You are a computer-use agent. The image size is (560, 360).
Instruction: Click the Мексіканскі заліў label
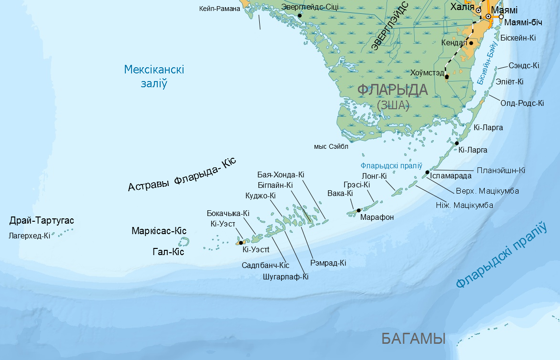[x=154, y=76]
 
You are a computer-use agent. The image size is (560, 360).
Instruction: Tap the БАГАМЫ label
[x=413, y=339]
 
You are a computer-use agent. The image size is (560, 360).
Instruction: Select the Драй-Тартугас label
[x=42, y=221]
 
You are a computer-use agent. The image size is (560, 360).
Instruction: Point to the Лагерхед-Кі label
[x=29, y=236]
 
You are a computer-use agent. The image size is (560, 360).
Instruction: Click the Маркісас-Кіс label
[x=159, y=231]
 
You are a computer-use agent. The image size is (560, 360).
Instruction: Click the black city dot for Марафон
[x=358, y=210]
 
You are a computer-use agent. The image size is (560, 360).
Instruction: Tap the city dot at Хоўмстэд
[x=447, y=76]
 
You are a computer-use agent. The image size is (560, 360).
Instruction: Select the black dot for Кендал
[x=471, y=43]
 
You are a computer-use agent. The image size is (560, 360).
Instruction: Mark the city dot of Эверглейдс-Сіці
[x=300, y=16]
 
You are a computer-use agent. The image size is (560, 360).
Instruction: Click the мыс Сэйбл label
[x=331, y=147]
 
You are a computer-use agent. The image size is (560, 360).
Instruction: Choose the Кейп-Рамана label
[x=219, y=9]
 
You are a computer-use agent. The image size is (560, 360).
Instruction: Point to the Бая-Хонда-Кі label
[x=281, y=175]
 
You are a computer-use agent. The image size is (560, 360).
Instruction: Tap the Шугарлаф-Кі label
[x=285, y=276]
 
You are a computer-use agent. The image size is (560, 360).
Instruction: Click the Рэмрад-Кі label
[x=328, y=263]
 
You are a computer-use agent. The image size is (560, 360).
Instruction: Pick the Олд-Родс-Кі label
[x=522, y=103]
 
